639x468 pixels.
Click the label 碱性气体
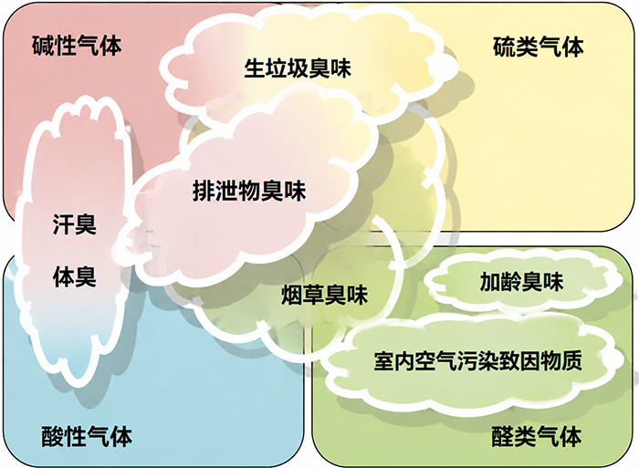(77, 46)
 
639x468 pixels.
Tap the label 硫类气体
(538, 47)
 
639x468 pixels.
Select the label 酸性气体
(87, 436)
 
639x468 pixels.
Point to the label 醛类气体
(537, 436)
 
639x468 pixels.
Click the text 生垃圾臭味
(298, 68)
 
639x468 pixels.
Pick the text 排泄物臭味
(249, 191)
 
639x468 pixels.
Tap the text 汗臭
(75, 224)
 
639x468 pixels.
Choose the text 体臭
(75, 277)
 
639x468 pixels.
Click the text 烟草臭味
(324, 295)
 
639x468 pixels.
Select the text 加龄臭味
(521, 282)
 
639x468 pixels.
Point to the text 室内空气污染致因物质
(478, 360)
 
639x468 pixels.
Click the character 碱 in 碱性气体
(43, 46)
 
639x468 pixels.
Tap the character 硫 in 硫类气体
(504, 47)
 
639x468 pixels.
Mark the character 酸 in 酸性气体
(53, 436)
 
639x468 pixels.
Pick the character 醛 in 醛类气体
(502, 436)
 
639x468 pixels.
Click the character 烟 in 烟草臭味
(292, 295)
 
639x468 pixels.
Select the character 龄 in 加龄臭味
(511, 282)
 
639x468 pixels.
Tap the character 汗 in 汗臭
(64, 224)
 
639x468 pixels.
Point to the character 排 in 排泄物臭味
(204, 191)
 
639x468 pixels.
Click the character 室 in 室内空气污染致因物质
(384, 360)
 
